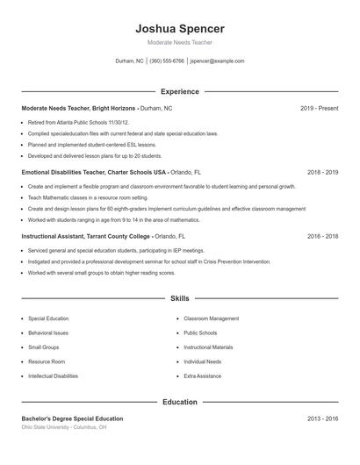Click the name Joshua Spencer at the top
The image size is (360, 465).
tap(179, 29)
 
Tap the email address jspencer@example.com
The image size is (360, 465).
tap(217, 61)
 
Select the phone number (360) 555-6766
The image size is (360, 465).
tap(167, 61)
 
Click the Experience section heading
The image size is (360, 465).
tap(179, 91)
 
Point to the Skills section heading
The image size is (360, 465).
tap(179, 299)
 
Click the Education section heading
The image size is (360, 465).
tap(179, 402)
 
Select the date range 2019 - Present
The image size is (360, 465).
tap(319, 108)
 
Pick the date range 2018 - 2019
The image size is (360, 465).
tap(323, 173)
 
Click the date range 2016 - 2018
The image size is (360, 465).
tap(323, 237)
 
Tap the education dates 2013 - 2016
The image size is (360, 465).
tap(323, 418)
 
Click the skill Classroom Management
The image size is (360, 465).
tap(211, 318)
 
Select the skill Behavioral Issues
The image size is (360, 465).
tap(48, 333)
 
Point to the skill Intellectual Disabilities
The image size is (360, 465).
tap(53, 376)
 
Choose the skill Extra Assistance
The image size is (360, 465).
tap(202, 376)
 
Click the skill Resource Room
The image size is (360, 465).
tap(47, 361)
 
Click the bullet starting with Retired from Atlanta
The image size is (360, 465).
tap(78, 122)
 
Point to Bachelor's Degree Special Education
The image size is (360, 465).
tap(72, 418)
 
